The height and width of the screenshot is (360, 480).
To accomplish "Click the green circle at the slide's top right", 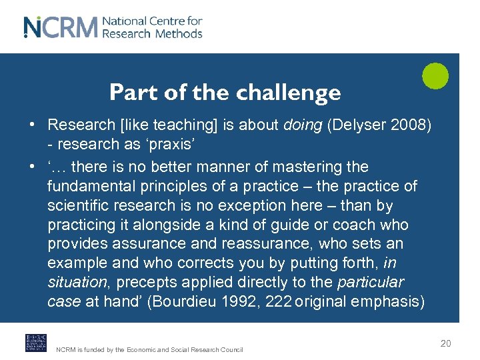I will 435,75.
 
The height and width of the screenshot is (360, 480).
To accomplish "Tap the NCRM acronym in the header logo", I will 61,27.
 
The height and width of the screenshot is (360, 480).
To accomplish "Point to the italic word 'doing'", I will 303,125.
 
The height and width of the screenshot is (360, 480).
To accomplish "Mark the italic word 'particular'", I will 371,282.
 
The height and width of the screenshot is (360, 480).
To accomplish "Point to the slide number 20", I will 445,343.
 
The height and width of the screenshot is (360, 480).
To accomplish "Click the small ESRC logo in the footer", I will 36,343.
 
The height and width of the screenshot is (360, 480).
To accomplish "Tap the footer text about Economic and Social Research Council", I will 149,349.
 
